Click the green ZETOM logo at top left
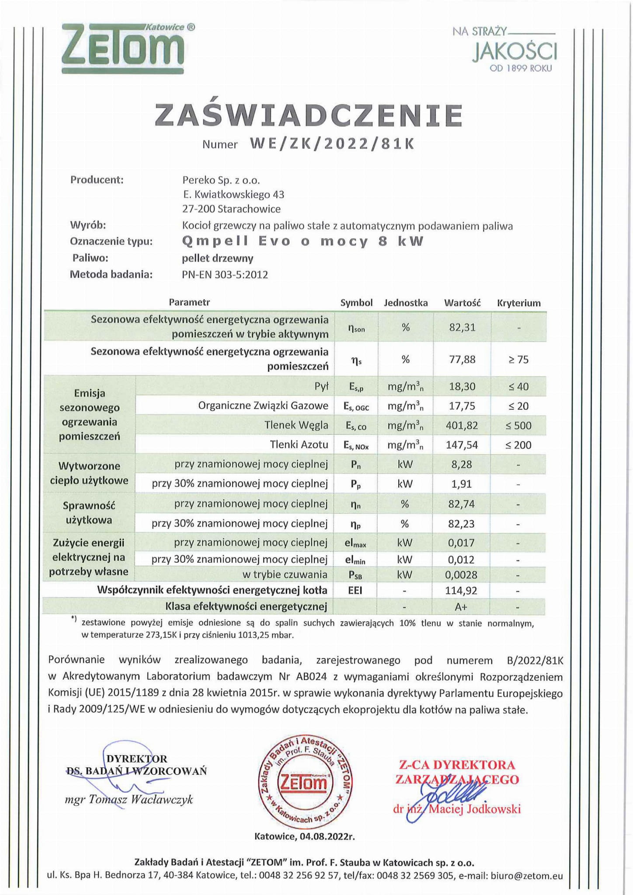click(123, 48)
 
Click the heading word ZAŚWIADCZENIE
click(309, 115)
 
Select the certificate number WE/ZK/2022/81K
click(331, 144)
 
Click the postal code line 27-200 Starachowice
click(231, 209)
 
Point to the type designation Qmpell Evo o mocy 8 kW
click(303, 241)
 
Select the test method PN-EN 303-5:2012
click(225, 275)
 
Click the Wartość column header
click(462, 303)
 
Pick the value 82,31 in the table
click(462, 327)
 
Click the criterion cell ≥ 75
click(518, 360)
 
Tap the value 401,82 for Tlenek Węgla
click(462, 425)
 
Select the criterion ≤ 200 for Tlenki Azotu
click(518, 445)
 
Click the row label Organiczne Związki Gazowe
click(263, 406)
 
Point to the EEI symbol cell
click(355, 591)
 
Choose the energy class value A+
click(462, 607)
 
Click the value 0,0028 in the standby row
click(462, 575)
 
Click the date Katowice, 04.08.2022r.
click(304, 836)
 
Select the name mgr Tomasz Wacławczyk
click(129, 800)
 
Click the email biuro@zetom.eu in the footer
click(527, 876)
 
